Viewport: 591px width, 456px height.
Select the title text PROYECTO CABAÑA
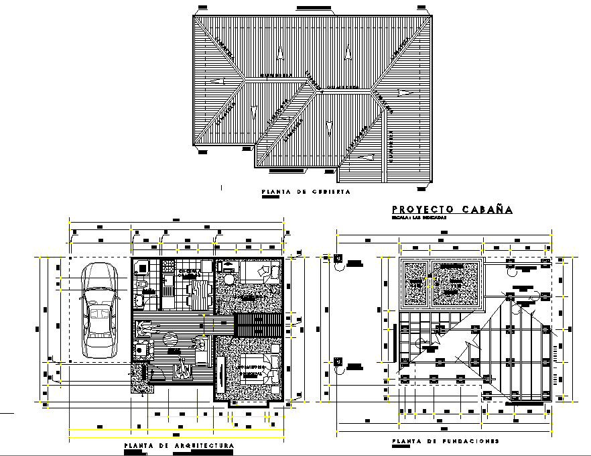point(452,210)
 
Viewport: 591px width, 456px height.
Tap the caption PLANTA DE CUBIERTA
point(306,192)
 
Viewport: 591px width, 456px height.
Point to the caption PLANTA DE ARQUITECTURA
point(179,445)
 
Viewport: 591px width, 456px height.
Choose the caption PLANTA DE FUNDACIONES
point(446,441)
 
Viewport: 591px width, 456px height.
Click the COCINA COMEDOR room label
point(190,273)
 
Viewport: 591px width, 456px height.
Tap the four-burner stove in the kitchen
point(141,269)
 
